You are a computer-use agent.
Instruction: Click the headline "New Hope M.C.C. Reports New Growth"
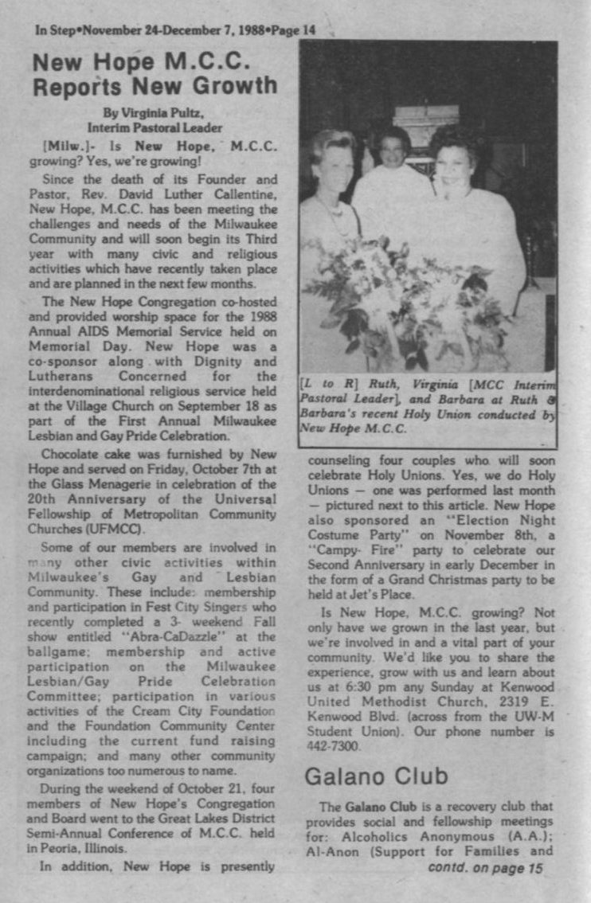pos(155,72)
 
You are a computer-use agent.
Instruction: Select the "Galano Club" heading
pos(374,775)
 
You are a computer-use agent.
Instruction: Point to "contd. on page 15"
pos(485,867)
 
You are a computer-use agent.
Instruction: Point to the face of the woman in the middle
pos(394,148)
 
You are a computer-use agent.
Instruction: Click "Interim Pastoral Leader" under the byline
pos(155,127)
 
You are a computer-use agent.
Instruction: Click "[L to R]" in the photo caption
pos(323,384)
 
